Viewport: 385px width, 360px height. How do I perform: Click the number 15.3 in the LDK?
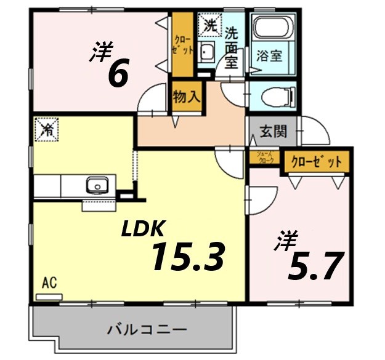point(187,257)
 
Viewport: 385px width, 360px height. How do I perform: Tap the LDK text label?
point(143,229)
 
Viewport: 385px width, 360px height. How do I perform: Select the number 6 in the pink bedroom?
point(118,74)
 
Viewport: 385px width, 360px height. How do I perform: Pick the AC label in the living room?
point(50,283)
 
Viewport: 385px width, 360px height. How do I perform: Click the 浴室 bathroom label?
point(270,55)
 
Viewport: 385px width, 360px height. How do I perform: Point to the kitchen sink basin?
point(97,185)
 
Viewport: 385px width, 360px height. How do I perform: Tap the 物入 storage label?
point(186,97)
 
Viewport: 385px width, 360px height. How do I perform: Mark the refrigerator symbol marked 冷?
point(47,129)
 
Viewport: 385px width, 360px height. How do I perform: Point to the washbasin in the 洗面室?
point(208,52)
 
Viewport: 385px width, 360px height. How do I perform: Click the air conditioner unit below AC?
point(49,297)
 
